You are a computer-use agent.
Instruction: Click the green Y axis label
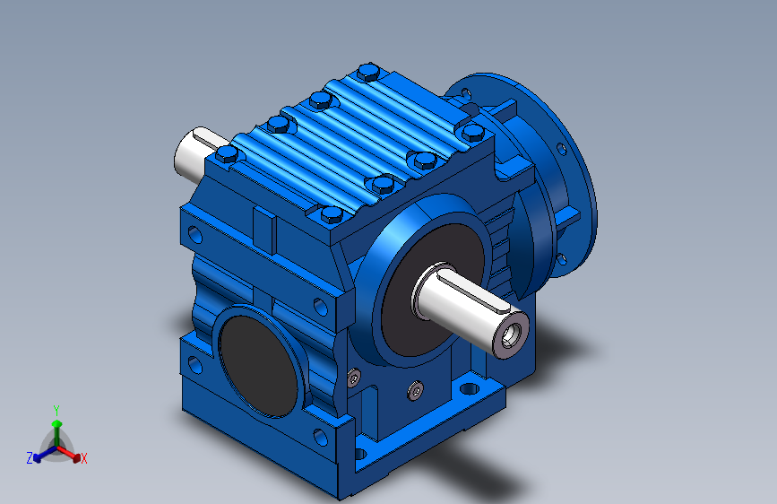click(56, 410)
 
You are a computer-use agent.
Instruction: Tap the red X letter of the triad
click(83, 458)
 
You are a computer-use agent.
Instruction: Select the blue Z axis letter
click(30, 458)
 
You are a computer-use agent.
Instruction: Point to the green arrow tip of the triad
click(56, 423)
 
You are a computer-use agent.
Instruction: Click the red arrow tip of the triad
click(76, 457)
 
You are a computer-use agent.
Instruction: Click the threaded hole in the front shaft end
click(511, 335)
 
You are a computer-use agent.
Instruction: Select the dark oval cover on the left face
click(258, 366)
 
